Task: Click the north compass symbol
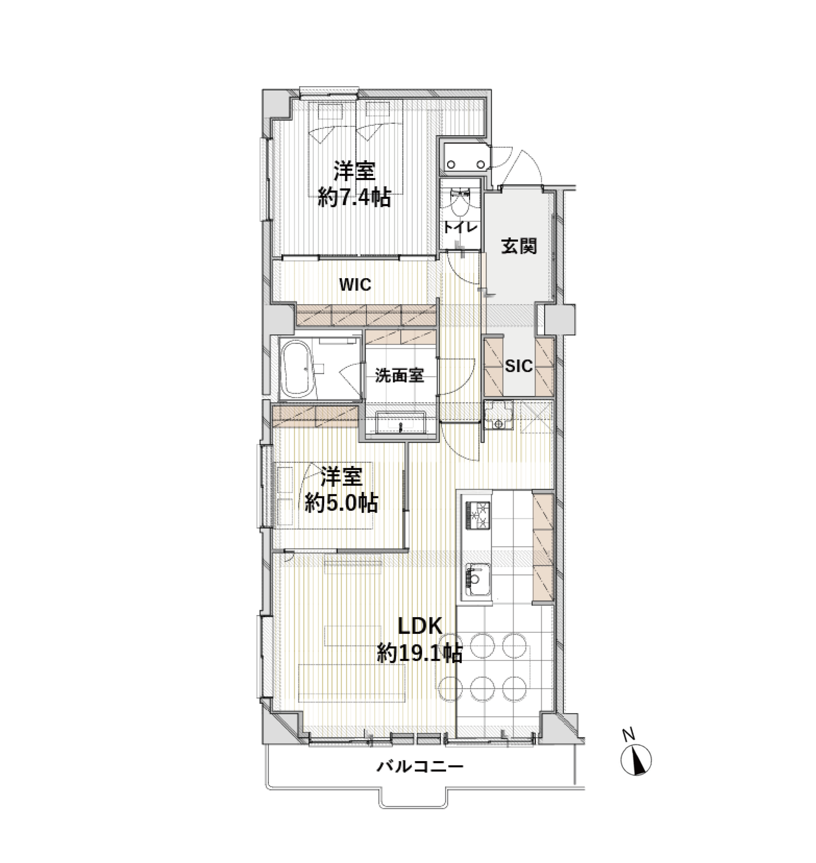click(x=636, y=760)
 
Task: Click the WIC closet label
click(x=355, y=285)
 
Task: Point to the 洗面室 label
click(x=399, y=375)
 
